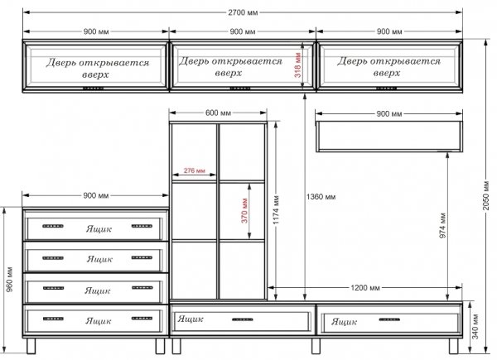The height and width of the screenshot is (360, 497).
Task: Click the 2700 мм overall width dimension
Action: tap(243, 12)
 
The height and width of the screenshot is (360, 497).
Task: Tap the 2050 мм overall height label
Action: tap(486, 195)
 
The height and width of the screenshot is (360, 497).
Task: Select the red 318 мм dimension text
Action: tap(297, 65)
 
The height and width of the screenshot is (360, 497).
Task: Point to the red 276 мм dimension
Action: tap(195, 170)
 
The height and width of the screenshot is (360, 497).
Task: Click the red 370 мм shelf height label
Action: tap(244, 210)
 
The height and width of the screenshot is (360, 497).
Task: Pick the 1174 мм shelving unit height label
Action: tap(276, 210)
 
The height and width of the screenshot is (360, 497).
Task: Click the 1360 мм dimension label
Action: tap(321, 197)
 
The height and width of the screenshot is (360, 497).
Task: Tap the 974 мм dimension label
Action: tap(443, 225)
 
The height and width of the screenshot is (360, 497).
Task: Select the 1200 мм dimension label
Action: tap(365, 288)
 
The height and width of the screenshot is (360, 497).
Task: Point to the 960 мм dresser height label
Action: tap(9, 280)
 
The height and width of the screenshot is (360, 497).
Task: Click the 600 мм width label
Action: tap(218, 113)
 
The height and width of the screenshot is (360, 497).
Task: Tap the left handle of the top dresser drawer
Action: tap(53, 226)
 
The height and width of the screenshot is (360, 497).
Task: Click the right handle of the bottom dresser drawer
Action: tap(142, 318)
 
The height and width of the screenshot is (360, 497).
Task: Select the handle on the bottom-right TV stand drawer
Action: tap(389, 319)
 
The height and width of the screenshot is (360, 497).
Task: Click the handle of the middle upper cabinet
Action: tap(240, 89)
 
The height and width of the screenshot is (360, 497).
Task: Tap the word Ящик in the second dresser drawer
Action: tap(99, 259)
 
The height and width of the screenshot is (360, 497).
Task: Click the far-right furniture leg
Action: tap(454, 346)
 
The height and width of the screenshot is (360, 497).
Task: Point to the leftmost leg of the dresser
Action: tap(31, 346)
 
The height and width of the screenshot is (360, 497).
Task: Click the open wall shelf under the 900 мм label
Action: tap(389, 137)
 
